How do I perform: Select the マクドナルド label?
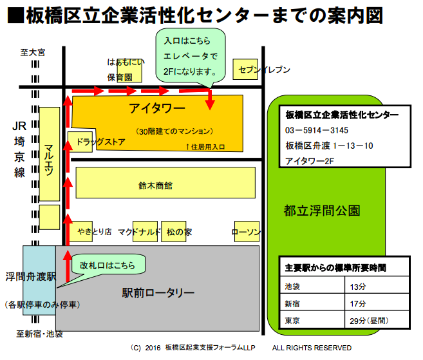click(x=138, y=232)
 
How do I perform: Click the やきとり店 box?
click(x=95, y=232)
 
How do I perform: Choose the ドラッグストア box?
click(x=97, y=140)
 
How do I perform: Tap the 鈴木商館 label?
click(x=155, y=185)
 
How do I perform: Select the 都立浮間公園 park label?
click(x=321, y=211)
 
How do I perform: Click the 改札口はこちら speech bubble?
click(x=108, y=264)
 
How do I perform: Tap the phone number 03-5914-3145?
click(x=317, y=130)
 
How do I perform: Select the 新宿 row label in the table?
click(x=292, y=303)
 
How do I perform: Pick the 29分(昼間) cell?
click(x=368, y=320)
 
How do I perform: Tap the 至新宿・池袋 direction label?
click(x=39, y=334)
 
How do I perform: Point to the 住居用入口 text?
click(x=205, y=147)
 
